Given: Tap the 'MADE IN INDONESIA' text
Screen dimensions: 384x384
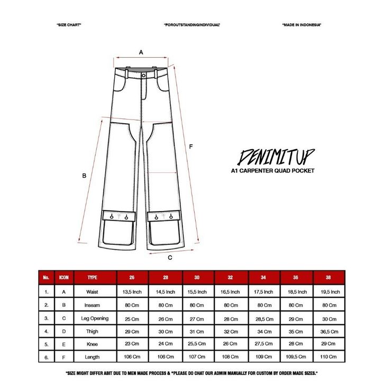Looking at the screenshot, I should tap(301, 25).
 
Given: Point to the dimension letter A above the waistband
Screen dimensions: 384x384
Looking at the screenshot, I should tap(141, 52).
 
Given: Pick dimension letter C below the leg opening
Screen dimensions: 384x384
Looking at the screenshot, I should tap(170, 258).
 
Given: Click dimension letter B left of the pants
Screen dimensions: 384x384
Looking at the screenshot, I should tap(84, 177).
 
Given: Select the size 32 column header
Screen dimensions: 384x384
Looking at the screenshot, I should tap(231, 277).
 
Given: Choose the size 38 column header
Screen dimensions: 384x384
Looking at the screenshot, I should tap(330, 277).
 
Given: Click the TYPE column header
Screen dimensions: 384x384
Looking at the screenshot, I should tap(93, 277).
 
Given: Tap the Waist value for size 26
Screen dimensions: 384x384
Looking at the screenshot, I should tap(132, 291).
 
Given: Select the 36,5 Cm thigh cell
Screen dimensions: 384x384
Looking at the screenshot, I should tap(330, 332).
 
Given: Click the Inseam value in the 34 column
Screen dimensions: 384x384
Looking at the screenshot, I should tap(264, 305).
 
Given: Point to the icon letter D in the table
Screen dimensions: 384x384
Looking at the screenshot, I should tap(64, 332).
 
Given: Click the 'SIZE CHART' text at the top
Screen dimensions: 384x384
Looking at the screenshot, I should tap(68, 25).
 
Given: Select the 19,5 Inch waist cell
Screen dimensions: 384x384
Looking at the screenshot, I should tap(330, 291).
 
